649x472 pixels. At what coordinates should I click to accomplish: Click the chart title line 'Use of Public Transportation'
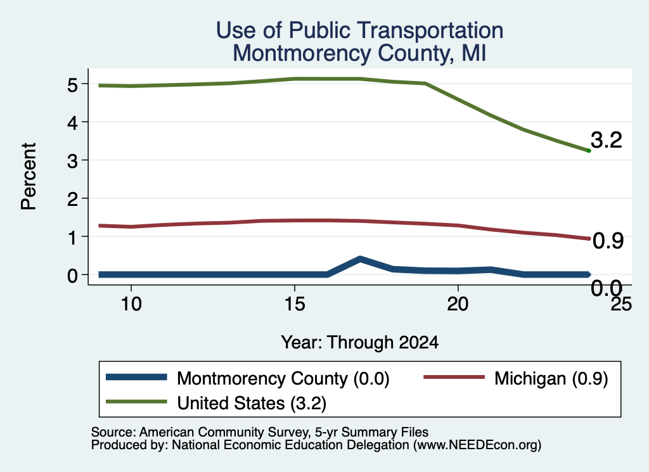point(360,30)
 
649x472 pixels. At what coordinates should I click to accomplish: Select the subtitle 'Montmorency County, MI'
point(359,53)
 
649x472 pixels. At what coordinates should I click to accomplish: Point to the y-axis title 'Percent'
point(29,177)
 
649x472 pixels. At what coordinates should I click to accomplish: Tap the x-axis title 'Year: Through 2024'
point(360,343)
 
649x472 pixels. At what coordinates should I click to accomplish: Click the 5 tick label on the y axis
point(72,85)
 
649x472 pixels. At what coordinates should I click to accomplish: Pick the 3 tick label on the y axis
point(72,160)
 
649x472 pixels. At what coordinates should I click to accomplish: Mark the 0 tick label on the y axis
point(72,275)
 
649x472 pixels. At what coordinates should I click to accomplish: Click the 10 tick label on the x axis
point(131,304)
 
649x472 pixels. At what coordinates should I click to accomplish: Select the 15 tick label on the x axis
point(295,304)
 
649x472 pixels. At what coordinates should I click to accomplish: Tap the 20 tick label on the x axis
point(458,304)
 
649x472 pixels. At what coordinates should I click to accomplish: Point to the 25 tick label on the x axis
point(621,304)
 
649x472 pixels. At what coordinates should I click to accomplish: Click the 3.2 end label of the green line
point(607,140)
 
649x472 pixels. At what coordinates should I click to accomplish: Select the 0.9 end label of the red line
point(608,240)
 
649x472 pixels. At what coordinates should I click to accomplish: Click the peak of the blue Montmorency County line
point(360,259)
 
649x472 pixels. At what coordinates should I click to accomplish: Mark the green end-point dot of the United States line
point(589,151)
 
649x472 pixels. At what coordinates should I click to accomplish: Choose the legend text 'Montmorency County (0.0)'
point(283,378)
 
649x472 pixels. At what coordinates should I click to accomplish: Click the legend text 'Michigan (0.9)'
point(551,378)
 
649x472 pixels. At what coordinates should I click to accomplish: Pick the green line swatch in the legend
point(137,402)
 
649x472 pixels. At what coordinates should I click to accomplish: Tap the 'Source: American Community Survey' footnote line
point(259,432)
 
